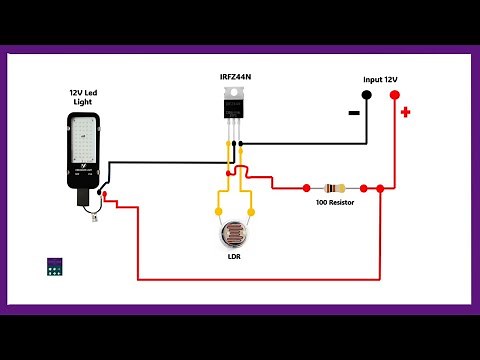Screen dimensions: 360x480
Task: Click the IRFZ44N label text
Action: click(236, 76)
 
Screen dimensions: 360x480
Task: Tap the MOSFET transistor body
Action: click(236, 105)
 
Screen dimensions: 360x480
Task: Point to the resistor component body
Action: click(336, 187)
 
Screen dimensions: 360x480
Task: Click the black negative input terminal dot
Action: click(366, 95)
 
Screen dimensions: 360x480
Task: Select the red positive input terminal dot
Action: click(394, 95)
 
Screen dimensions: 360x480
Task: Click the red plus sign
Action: click(405, 112)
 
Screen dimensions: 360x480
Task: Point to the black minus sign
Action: click(354, 113)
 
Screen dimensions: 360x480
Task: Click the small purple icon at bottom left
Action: click(55, 266)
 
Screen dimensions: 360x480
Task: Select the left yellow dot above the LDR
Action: click(219, 212)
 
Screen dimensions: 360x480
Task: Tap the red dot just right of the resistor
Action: click(365, 187)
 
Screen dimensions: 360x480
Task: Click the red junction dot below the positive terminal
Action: click(380, 187)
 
